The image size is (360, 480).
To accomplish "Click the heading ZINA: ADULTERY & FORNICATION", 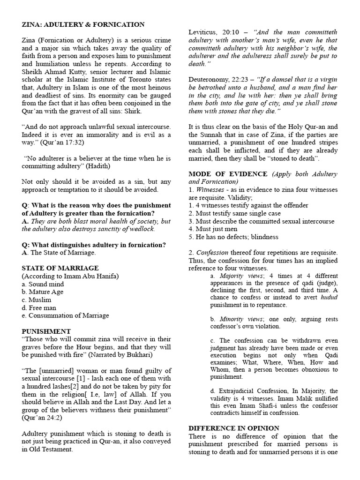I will pos(83,24).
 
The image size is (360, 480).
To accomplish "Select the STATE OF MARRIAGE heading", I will pos(60,268).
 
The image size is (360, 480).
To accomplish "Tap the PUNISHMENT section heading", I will pos(46,331).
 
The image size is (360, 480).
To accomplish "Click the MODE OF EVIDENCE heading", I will pos(229,174).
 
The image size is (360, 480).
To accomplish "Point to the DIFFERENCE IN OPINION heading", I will pos(233,428).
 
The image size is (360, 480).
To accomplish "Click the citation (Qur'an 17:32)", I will pos(59,142).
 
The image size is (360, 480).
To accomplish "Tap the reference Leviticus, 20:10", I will pos(214,32).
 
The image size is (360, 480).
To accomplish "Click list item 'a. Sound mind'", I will pos(43,284).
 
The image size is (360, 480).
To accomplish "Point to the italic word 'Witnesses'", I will pos(211,190).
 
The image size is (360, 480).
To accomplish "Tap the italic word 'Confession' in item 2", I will pos(214,253).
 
